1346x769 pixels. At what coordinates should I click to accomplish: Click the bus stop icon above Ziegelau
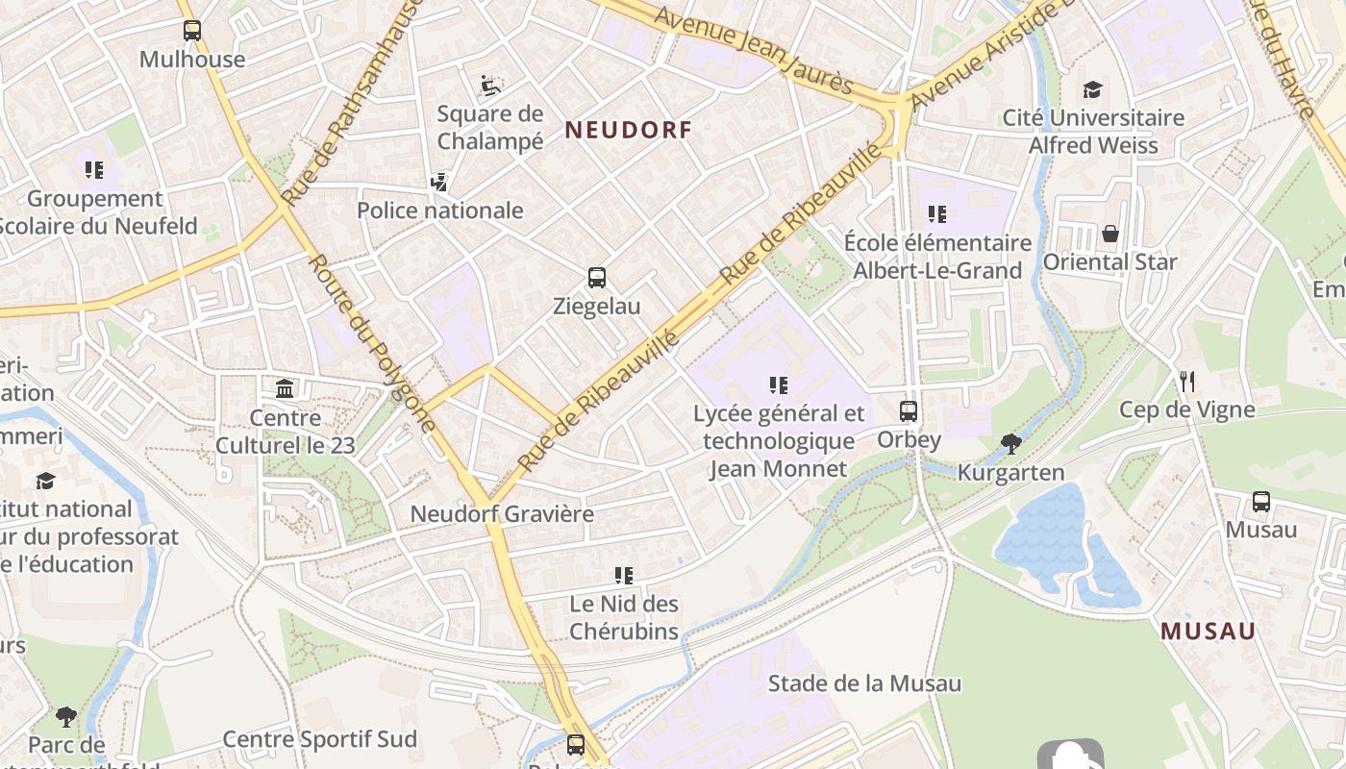pos(597,278)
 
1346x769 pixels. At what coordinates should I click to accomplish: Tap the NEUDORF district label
pos(628,130)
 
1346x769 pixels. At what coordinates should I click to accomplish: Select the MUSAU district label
pos(1208,632)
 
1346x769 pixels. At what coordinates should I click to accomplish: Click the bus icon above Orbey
pos(909,411)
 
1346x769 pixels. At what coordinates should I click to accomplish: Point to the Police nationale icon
pos(439,182)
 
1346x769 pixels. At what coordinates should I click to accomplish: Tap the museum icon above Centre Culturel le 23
pos(285,389)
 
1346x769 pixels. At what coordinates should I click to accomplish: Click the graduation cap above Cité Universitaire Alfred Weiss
pos(1092,89)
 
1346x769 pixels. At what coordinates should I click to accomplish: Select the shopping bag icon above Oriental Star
pos(1110,234)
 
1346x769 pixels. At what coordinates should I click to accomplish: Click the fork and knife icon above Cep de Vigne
pos(1187,382)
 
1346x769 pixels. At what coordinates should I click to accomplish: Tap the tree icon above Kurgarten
pos(1010,443)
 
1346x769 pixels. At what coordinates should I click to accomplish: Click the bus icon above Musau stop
pos(1261,501)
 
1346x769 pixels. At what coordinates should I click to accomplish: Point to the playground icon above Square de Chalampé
pos(490,86)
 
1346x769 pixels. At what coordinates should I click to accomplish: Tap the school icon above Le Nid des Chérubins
pos(624,576)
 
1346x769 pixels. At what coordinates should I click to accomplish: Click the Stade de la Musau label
pos(864,683)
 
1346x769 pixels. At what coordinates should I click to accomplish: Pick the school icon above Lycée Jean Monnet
pos(779,385)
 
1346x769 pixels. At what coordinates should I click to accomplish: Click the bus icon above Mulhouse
pos(192,31)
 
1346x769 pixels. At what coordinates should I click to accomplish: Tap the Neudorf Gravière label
pos(502,513)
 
